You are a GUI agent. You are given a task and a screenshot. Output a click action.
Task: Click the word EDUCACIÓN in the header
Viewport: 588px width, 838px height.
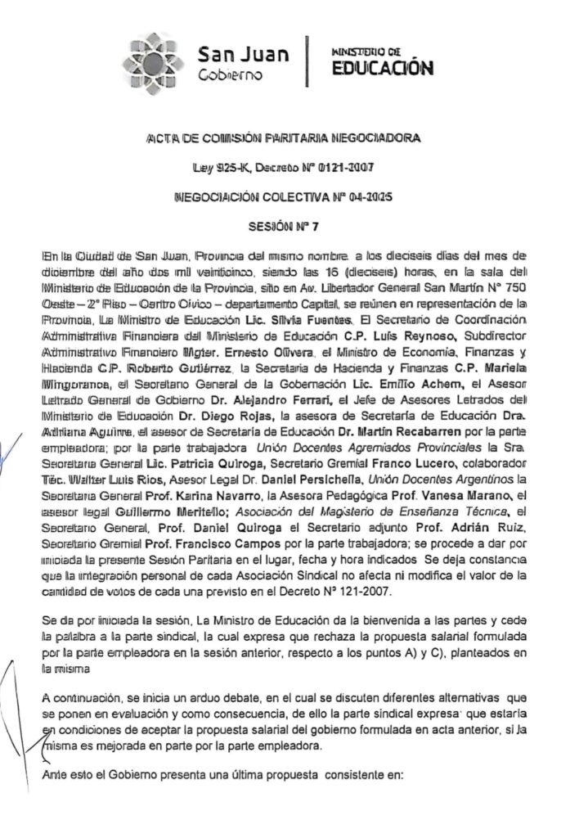point(381,69)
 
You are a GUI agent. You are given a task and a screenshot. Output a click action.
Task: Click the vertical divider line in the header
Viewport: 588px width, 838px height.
point(307,62)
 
